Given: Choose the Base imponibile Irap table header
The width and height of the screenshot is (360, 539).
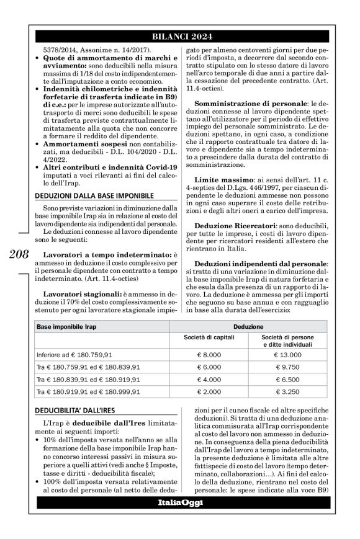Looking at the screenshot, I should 66,326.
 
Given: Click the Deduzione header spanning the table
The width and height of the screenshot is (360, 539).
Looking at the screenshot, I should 250,326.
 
